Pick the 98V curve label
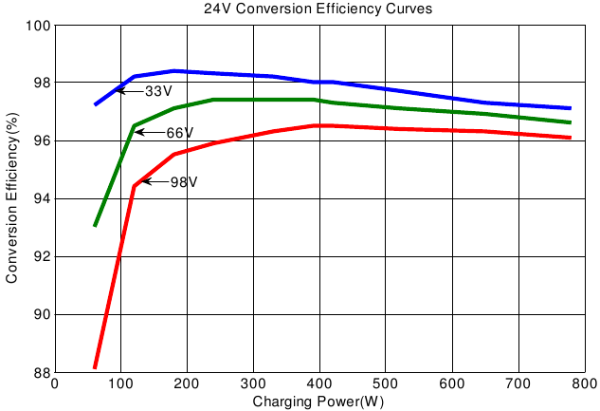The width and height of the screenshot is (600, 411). (x=183, y=182)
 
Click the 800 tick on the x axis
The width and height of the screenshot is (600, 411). (x=584, y=383)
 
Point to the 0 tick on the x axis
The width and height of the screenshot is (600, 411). (x=55, y=383)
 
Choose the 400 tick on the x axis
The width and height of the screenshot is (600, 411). (x=319, y=383)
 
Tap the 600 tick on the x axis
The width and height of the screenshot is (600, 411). (x=452, y=383)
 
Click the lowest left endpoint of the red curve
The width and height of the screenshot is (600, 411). (x=95, y=366)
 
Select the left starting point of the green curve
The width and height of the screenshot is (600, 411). (x=95, y=225)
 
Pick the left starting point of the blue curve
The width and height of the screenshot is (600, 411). (x=95, y=103)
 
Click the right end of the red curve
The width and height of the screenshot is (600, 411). (x=571, y=138)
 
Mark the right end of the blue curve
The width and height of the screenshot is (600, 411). (x=571, y=108)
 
